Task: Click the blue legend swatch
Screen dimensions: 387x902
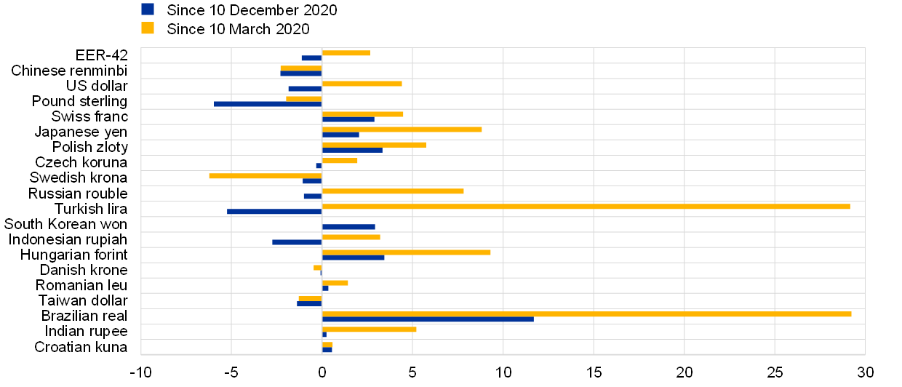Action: click(148, 9)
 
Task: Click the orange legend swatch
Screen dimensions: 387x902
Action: click(148, 28)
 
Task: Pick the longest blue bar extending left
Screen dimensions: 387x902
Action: click(268, 104)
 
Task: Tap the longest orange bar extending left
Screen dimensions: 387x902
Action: click(266, 176)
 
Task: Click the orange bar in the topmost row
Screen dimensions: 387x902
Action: click(346, 53)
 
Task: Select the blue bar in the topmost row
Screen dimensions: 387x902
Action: click(311, 58)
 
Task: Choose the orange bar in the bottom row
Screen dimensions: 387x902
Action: click(328, 345)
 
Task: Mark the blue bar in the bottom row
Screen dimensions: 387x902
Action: click(327, 350)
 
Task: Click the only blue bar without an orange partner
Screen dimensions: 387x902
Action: click(349, 227)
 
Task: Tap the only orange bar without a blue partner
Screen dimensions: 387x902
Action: click(318, 268)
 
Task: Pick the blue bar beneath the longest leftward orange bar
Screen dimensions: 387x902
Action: click(312, 181)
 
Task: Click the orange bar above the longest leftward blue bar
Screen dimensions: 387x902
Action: click(304, 99)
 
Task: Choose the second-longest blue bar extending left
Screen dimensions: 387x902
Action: click(274, 212)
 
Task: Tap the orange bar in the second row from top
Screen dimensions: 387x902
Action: click(301, 68)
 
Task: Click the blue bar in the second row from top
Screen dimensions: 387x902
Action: click(301, 73)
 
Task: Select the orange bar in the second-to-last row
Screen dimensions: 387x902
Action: click(370, 330)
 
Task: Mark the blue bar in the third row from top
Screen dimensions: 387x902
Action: click(305, 89)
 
